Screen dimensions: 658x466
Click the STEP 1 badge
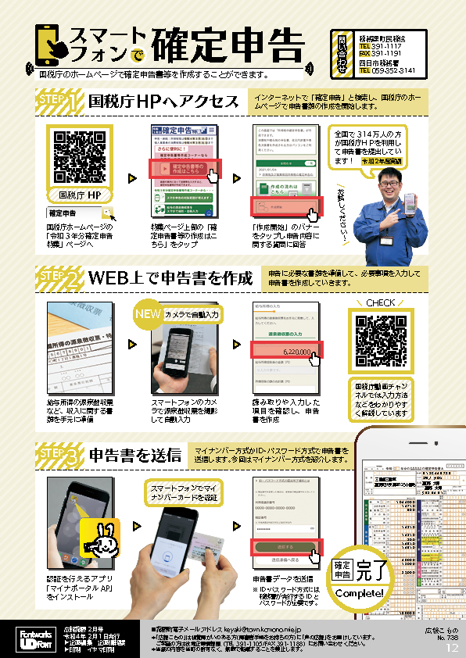click(59, 102)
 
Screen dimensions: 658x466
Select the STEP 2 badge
click(59, 278)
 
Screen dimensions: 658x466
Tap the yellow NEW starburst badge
click(147, 312)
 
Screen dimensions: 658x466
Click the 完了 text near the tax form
click(372, 570)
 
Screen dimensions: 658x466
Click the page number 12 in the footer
click(452, 647)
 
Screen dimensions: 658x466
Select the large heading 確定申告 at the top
click(227, 45)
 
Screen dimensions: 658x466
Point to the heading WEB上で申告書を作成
click(170, 278)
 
